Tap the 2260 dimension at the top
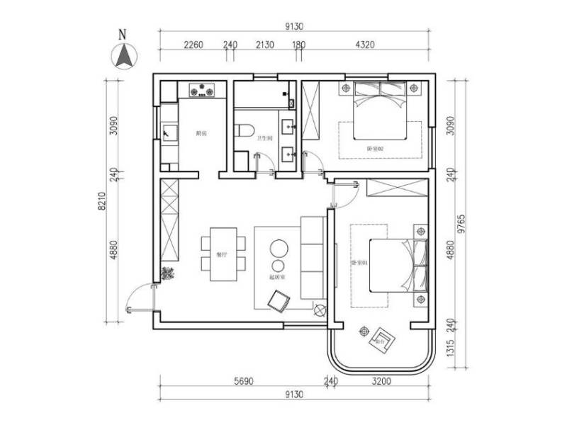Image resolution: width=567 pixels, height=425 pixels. [193, 45]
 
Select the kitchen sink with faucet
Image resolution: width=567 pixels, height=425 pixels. [168, 132]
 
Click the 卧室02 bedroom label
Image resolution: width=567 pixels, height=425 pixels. [375, 148]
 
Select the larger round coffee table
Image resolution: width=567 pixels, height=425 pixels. [278, 249]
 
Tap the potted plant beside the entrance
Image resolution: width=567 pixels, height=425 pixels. [169, 273]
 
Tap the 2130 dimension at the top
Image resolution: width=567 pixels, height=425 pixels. [265, 45]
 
